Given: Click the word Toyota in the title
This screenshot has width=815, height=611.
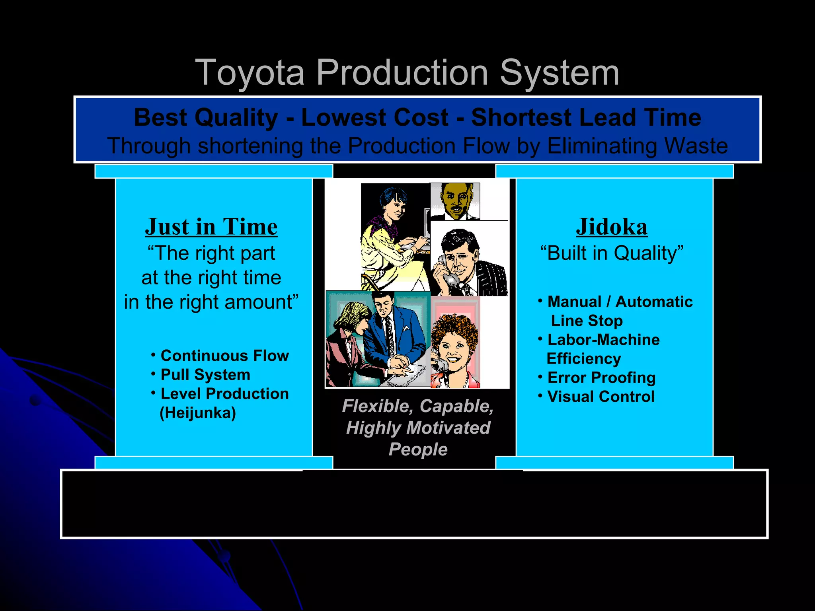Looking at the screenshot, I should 250,73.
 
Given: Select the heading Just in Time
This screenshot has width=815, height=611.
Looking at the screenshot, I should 211,227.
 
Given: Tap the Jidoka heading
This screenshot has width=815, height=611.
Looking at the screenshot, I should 612,227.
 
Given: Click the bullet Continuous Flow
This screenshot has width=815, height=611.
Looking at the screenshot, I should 224,356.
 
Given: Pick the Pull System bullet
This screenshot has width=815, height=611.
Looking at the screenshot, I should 205,375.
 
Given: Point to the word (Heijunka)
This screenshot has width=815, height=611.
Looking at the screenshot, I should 198,413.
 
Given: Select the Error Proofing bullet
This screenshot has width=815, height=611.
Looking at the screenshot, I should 601,377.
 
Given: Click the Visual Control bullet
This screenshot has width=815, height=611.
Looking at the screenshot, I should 601,397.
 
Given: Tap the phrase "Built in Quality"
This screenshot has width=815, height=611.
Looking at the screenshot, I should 612,253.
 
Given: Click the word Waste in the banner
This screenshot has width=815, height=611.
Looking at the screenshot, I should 696,146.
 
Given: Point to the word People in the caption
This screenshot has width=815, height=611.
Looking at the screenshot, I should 418,449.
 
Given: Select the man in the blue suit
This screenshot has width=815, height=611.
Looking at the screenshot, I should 392,330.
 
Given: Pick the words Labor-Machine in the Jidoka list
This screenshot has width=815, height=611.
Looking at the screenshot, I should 603,340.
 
